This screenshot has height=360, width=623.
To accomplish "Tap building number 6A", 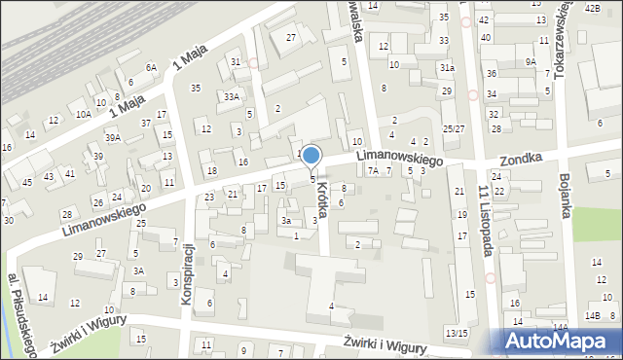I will click(151, 67).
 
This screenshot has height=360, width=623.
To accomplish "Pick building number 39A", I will click(113, 138).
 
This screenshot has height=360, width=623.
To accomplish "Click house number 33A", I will click(231, 97).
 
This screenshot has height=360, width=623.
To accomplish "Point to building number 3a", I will click(286, 221).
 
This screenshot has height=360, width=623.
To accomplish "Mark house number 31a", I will click(446, 68).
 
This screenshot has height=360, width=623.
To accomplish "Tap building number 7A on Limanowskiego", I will click(373, 170).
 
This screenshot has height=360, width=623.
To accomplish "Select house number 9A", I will click(531, 61).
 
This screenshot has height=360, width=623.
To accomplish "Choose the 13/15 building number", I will click(456, 334).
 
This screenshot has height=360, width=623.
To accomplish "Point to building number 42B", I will click(593, 8).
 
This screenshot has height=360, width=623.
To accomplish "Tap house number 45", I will click(27, 182).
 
